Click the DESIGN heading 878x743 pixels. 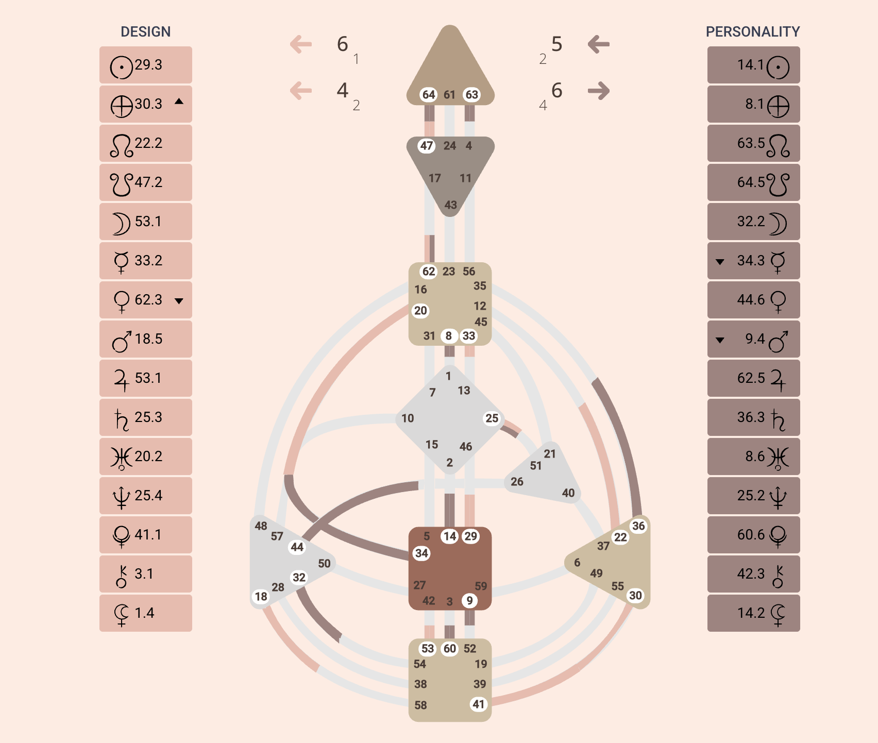(x=145, y=32)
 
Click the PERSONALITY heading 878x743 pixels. (x=753, y=32)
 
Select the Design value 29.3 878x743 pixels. (x=148, y=65)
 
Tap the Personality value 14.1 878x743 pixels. (x=750, y=65)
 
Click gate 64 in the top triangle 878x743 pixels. (x=429, y=95)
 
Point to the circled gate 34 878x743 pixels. (x=421, y=553)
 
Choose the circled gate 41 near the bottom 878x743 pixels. (x=479, y=704)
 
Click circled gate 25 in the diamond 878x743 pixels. (x=492, y=418)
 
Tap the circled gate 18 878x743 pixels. (x=261, y=597)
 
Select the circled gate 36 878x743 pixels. (x=638, y=526)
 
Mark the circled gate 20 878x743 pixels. (x=420, y=311)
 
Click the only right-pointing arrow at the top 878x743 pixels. (x=599, y=91)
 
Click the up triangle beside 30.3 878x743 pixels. (x=179, y=102)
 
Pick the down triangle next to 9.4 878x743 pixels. (x=720, y=340)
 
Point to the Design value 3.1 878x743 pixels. (x=144, y=574)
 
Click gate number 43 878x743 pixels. (x=451, y=205)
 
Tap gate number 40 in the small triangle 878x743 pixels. (x=568, y=493)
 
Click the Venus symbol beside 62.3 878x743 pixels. (x=122, y=301)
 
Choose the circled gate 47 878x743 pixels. (x=426, y=146)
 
